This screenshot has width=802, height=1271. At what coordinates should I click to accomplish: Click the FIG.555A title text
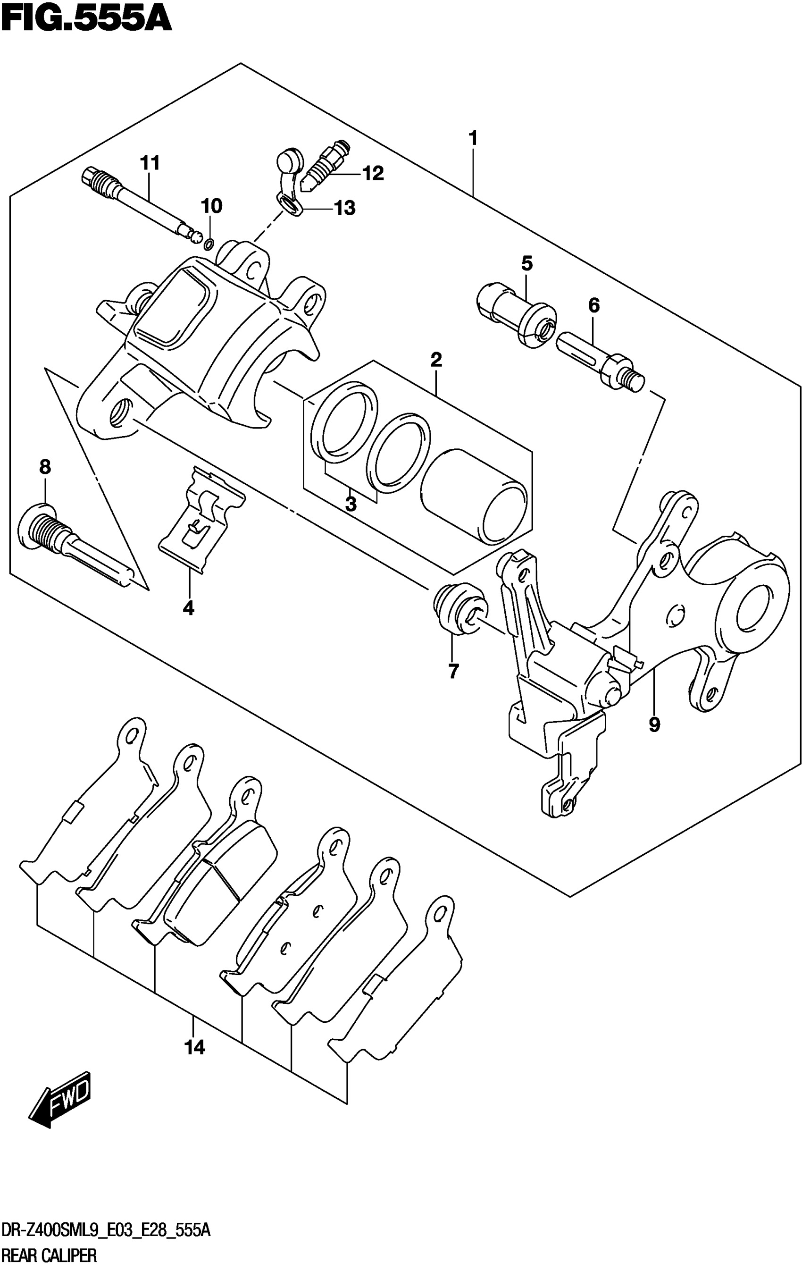[x=86, y=20]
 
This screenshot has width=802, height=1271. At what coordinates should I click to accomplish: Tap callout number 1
[x=473, y=138]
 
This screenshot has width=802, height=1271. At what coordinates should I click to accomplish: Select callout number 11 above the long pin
[x=150, y=163]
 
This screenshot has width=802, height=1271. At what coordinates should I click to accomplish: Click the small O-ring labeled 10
[x=209, y=244]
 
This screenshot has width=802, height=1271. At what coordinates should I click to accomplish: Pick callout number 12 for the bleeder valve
[x=373, y=173]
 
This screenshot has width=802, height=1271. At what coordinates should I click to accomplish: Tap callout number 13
[x=344, y=209]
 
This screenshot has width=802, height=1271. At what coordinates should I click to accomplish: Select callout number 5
[x=527, y=263]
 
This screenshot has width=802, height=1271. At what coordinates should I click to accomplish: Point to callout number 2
[x=436, y=360]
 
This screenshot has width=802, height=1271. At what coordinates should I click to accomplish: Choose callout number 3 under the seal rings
[x=351, y=504]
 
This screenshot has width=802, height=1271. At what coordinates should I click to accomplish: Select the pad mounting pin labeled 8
[x=74, y=544]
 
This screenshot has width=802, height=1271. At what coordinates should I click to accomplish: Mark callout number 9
[x=654, y=725]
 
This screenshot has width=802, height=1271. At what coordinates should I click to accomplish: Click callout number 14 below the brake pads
[x=194, y=1047]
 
